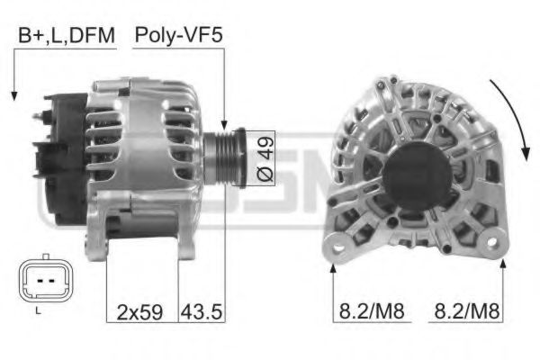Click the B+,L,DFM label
pyautogui.click(x=66, y=36)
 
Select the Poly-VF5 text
pyautogui.click(x=178, y=36)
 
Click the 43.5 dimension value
pyautogui.click(x=202, y=312)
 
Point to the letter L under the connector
pyautogui.click(x=37, y=310)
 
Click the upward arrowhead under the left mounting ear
pyautogui.click(x=334, y=264)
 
